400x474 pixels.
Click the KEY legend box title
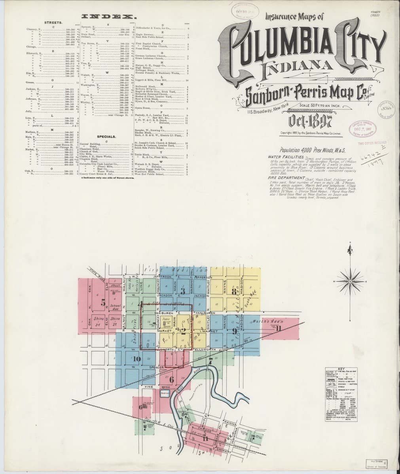click(341, 369)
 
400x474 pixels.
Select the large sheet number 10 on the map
click(137, 359)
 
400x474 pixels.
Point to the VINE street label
click(149, 386)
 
